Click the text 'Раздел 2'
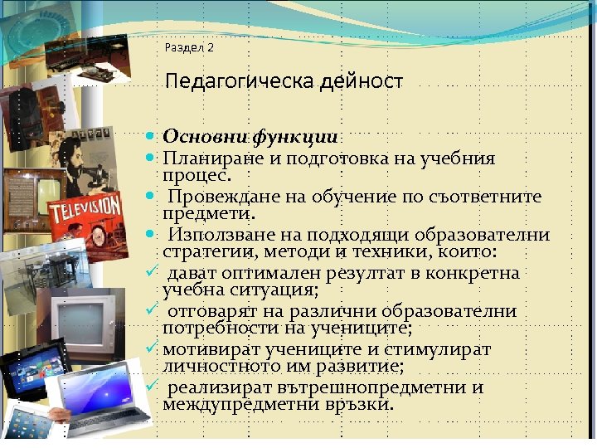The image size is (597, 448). pos(189,48)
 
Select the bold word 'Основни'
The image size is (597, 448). pos(206,135)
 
